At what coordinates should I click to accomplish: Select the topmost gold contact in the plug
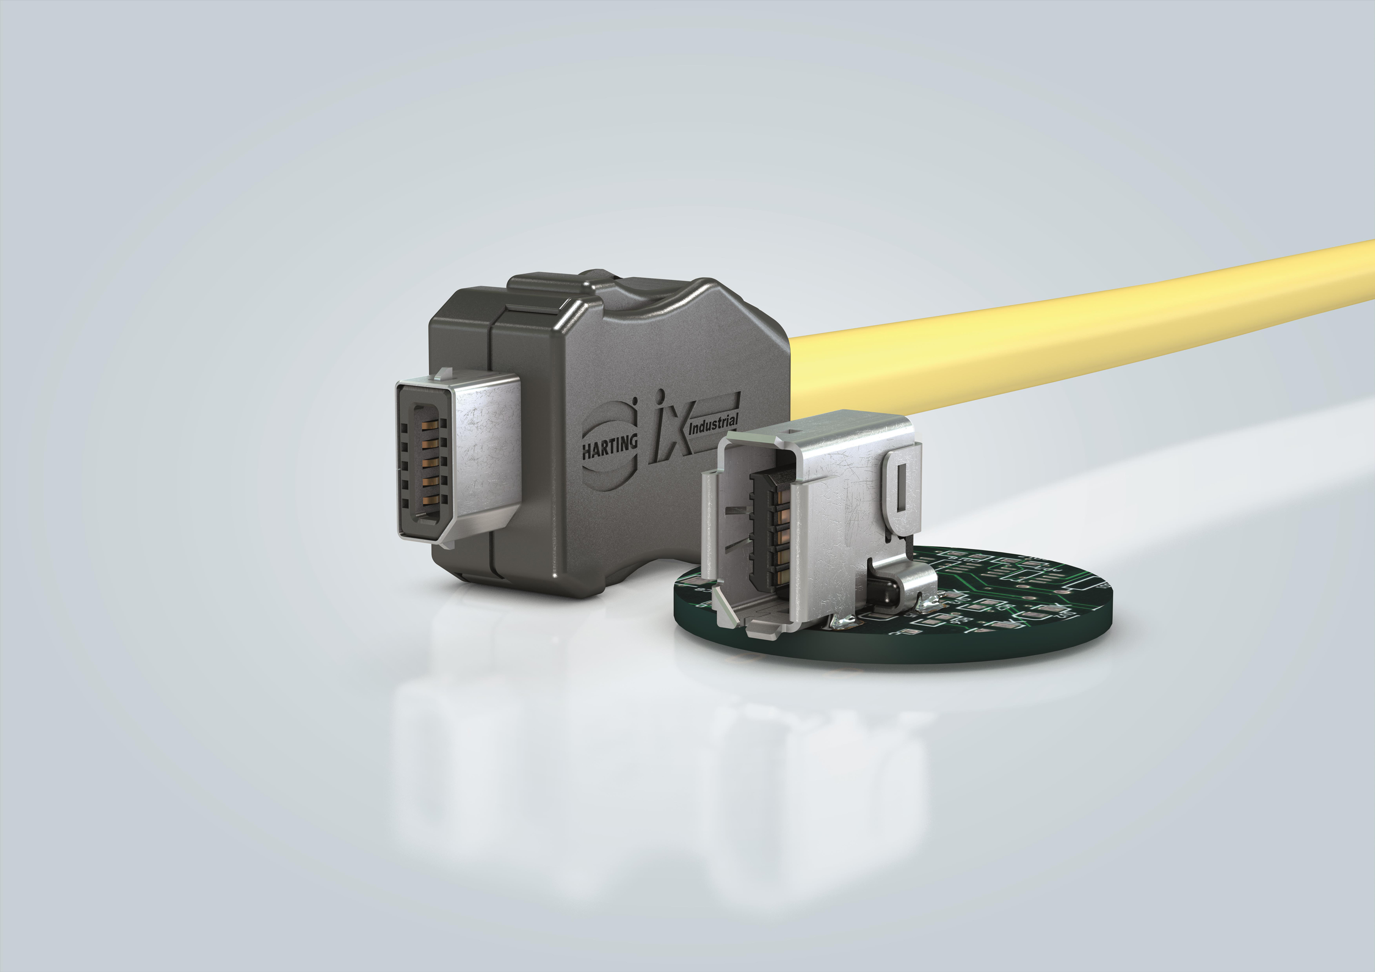429,426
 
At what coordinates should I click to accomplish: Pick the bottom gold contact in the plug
429,499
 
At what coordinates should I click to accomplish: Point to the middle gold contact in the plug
429,462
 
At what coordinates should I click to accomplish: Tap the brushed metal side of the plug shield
488,455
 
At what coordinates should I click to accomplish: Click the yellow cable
1078,326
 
